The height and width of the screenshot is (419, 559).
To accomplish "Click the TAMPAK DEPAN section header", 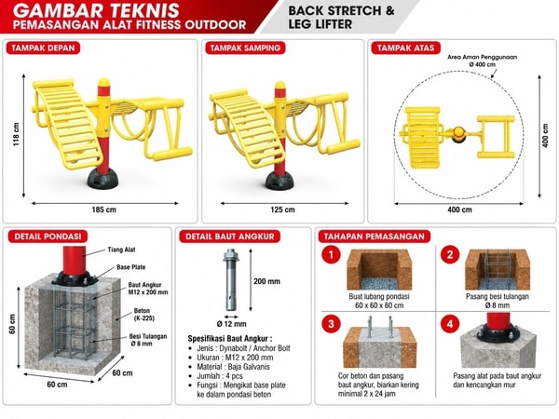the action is tap(43, 48).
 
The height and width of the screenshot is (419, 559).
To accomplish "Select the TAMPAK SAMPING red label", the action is tap(245, 48).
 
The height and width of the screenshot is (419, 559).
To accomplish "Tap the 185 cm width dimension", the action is tap(103, 209).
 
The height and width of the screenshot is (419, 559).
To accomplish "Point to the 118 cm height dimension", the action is tap(16, 134).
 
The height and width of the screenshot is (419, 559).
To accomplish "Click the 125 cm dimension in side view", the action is tap(282, 209).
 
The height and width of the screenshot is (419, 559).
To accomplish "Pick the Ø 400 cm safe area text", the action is tap(483, 64).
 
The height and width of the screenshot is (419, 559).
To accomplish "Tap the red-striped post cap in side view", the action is tap(280, 89).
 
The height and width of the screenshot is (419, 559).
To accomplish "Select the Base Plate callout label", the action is tap(130, 267).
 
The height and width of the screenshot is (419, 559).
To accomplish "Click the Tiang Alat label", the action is tap(121, 250).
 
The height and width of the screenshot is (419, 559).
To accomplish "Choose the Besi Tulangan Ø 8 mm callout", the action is tap(147, 340).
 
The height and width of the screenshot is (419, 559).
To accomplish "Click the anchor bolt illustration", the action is tap(230, 280).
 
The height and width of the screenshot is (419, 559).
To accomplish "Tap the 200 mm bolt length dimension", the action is tap(266, 281).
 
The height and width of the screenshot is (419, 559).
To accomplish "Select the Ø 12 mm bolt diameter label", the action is tap(231, 324).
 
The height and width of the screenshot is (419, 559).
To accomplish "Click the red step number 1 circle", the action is tap(331, 255).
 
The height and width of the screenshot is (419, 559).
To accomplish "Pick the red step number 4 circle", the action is tap(450, 324).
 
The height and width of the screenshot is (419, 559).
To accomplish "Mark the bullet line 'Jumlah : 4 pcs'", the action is tap(220, 376).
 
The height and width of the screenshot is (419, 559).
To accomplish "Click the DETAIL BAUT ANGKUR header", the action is tap(229, 237).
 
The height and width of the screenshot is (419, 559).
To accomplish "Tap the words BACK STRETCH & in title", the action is tap(341, 10).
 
